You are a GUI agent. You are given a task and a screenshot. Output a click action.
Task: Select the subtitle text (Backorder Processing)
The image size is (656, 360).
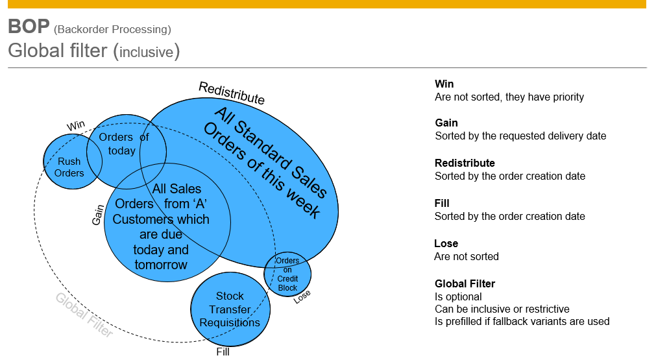(113, 29)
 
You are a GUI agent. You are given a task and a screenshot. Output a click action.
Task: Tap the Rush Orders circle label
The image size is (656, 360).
(69, 167)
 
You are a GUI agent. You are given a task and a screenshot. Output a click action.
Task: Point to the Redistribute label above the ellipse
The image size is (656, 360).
(232, 93)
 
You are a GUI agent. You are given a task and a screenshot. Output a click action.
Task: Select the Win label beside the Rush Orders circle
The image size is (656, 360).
(76, 125)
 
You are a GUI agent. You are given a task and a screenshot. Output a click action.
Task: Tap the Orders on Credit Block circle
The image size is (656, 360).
(287, 274)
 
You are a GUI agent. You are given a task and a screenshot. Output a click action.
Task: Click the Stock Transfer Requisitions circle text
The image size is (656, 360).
(230, 309)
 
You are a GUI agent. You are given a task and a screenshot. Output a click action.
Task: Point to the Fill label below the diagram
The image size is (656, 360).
(223, 352)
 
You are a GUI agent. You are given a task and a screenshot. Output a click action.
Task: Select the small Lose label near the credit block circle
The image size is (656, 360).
(302, 296)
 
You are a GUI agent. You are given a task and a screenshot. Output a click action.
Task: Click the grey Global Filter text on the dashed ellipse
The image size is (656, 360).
(84, 315)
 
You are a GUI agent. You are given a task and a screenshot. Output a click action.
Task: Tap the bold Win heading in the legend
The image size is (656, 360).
(444, 84)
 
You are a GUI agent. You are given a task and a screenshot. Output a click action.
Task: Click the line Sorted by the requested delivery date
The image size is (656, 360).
(520, 136)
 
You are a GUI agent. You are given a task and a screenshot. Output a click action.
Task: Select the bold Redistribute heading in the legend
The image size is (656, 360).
(465, 163)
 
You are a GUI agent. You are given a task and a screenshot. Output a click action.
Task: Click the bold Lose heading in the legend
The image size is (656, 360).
(446, 243)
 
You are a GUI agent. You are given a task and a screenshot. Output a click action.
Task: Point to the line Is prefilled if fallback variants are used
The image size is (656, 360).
(522, 322)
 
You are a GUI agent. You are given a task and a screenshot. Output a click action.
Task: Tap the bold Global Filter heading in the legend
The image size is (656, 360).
(465, 283)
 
